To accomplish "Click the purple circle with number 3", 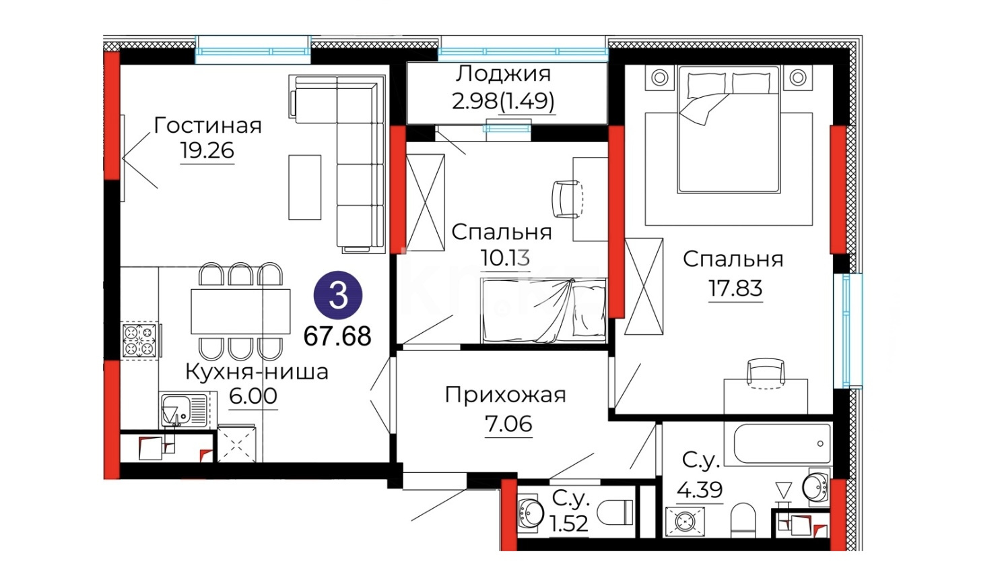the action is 338,295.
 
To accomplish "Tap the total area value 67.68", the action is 337,337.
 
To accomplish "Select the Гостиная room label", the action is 207,126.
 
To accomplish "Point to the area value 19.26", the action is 207,151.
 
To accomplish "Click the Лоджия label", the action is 503,74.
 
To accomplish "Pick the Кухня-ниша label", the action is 257,372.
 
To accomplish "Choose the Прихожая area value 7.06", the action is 508,423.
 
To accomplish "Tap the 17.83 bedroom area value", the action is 735,288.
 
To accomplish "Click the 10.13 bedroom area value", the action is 506,258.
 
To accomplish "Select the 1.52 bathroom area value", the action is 569,524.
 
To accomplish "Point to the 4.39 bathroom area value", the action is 700,489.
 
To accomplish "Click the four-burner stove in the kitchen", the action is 139,340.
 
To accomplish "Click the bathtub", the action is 782,443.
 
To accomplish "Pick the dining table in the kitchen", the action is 240,311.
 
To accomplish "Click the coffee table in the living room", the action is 304,187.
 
